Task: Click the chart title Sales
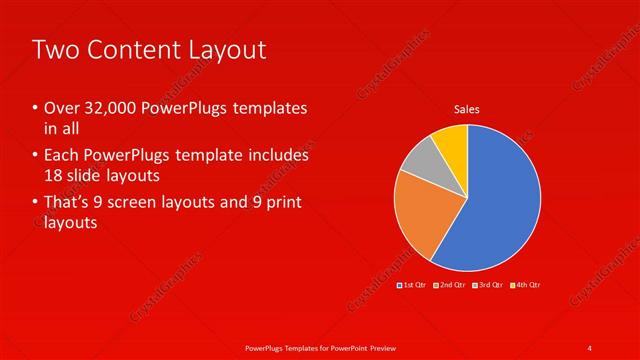click(x=467, y=108)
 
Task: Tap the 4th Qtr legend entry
click(x=526, y=285)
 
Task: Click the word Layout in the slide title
click(x=225, y=49)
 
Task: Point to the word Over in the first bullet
click(x=62, y=108)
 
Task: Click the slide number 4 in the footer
click(x=590, y=347)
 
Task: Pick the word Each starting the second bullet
click(x=62, y=156)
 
